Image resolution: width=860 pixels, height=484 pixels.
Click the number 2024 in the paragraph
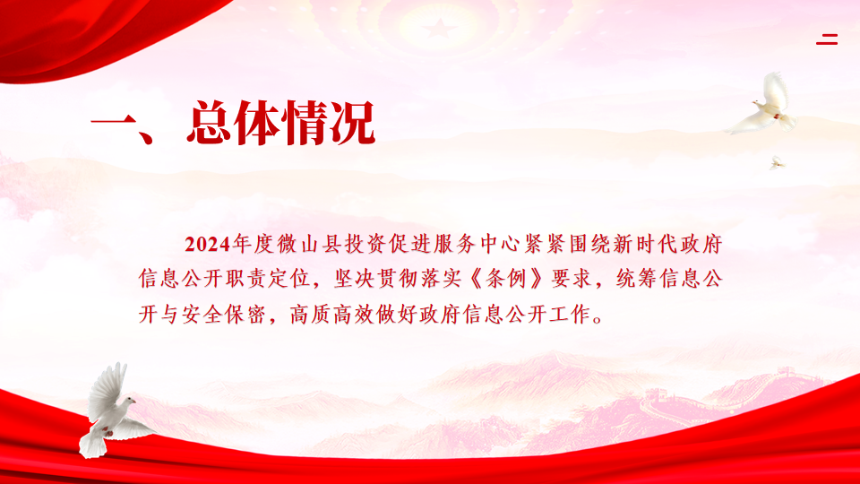point(207,244)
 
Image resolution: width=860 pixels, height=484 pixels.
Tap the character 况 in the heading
point(351,123)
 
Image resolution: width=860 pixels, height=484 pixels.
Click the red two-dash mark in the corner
point(827,39)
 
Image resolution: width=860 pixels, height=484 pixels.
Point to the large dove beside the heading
point(764,104)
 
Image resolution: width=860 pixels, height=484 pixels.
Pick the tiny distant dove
point(777,162)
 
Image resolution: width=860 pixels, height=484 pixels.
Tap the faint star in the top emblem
point(438,28)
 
